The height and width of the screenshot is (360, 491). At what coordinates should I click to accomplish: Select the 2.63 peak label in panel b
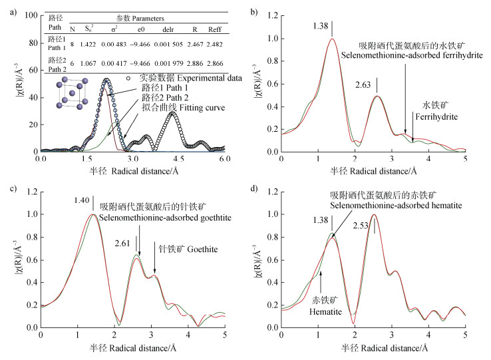tap(364, 85)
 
